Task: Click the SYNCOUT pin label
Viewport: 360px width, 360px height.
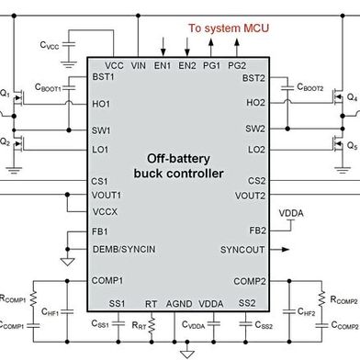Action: [243, 250]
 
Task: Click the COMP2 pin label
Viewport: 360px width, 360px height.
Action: [249, 281]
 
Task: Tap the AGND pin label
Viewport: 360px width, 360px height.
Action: [180, 303]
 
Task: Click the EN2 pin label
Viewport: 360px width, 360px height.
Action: [187, 66]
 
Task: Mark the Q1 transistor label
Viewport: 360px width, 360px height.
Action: [6, 94]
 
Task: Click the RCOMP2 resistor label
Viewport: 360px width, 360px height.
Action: [343, 299]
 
